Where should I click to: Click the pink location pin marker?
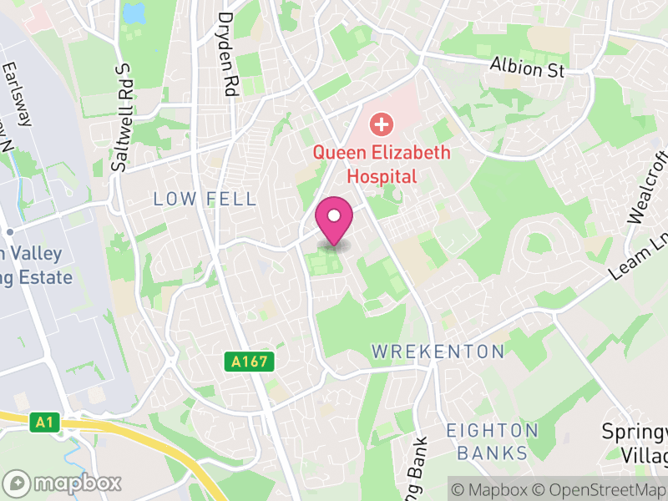[x=334, y=219]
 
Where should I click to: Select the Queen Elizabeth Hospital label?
[x=381, y=164]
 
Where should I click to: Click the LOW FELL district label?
[x=205, y=199]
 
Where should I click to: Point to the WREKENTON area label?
[x=438, y=352]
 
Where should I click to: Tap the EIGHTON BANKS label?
[x=492, y=442]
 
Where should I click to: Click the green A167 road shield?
[x=249, y=362]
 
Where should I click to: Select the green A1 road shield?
[x=45, y=423]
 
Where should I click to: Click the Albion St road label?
[x=527, y=67]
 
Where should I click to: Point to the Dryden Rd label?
[x=227, y=52]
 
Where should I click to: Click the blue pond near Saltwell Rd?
[x=133, y=13]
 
